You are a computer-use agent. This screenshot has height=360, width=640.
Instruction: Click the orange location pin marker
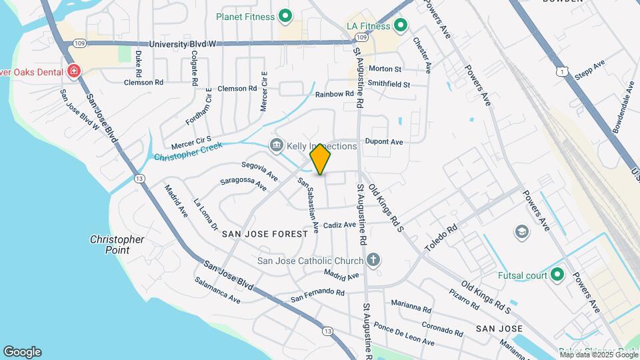pyautogui.click(x=321, y=159)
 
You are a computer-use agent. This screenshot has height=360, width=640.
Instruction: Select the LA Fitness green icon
pyautogui.click(x=401, y=27)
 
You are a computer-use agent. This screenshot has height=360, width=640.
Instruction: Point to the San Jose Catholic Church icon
pyautogui.click(x=373, y=261)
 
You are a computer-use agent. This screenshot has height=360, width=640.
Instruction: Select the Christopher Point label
pyautogui.click(x=117, y=245)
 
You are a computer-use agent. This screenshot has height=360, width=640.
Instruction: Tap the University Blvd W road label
pyautogui.click(x=183, y=44)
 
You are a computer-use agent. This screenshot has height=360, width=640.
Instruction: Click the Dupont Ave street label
pyautogui.click(x=387, y=142)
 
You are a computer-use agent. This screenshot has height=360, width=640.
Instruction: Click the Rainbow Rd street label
pyautogui.click(x=335, y=95)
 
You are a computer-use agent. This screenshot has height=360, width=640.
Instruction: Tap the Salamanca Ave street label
pyautogui.click(x=217, y=291)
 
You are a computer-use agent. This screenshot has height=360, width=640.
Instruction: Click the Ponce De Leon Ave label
pyautogui.click(x=404, y=334)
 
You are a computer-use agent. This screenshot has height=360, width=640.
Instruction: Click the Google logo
pyautogui.click(x=22, y=352)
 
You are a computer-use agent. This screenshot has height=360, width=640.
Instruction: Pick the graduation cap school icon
pyautogui.click(x=521, y=232)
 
